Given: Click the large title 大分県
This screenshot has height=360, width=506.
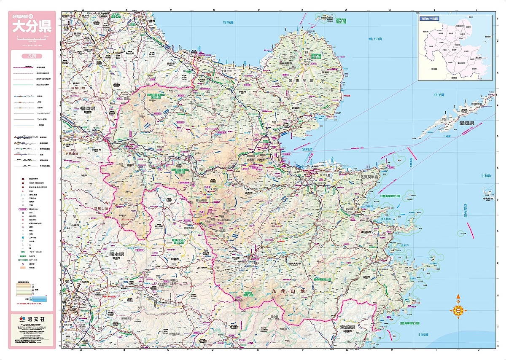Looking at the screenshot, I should pos(32,27).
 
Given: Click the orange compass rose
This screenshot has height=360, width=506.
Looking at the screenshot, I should pos(458,311).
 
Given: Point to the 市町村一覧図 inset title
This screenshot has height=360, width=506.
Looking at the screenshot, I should pos(429,19).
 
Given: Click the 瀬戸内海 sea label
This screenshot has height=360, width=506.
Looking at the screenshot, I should pos(375,39).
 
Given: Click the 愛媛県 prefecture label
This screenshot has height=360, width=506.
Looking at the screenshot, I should pos(467,123).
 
